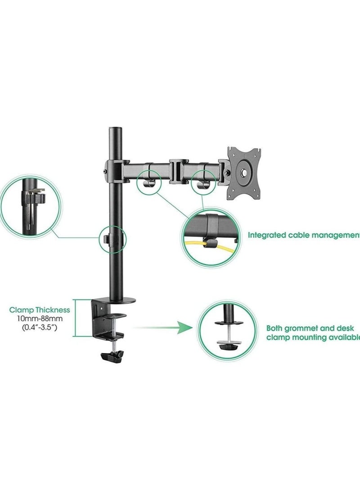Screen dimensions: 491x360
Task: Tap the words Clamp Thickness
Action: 40,310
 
